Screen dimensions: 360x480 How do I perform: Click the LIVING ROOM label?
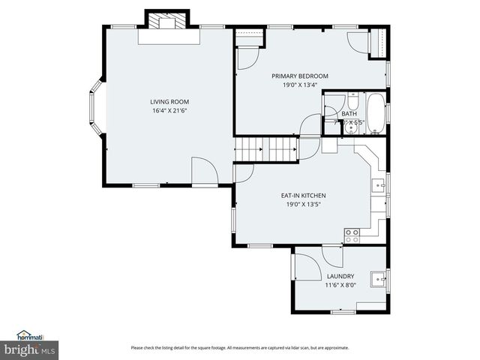tap(169, 102)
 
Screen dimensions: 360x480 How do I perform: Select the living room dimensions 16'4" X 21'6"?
tap(169, 111)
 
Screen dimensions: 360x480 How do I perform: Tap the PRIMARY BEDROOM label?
tap(299, 76)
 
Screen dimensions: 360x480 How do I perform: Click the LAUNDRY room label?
tap(340, 276)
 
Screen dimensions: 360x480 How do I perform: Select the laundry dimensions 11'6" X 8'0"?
tap(340, 285)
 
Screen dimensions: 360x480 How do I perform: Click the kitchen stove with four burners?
tap(351, 234)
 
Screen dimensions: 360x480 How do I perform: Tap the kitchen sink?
tap(380, 185)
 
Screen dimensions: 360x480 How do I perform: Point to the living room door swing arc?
tap(203, 169)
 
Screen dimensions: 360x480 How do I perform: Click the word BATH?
tap(349, 114)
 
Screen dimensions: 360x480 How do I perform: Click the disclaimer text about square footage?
tap(239, 347)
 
